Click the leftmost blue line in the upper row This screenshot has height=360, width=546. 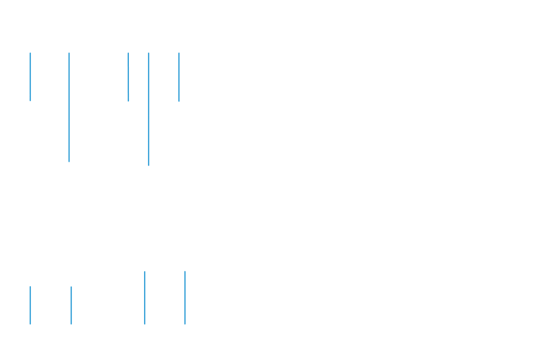click(x=30, y=75)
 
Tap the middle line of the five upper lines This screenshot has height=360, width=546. click(x=128, y=75)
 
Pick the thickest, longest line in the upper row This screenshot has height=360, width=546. click(x=148, y=109)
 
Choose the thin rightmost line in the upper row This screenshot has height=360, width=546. click(x=179, y=75)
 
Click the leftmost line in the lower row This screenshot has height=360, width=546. click(x=30, y=305)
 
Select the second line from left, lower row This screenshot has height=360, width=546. click(x=71, y=305)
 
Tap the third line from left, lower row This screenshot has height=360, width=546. click(x=145, y=298)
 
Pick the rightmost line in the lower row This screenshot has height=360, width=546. click(x=185, y=298)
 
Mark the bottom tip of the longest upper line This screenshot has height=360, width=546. click(x=148, y=165)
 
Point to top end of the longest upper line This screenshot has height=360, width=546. click(x=148, y=53)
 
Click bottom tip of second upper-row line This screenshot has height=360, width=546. click(x=69, y=162)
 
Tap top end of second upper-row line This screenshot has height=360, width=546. click(x=69, y=53)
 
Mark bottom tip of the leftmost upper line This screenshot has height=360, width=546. click(x=30, y=101)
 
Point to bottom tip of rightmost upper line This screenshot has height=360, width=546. click(x=179, y=101)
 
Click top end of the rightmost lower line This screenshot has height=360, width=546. click(x=185, y=272)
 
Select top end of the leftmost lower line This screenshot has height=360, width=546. click(x=30, y=287)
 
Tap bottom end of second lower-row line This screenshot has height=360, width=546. click(x=71, y=324)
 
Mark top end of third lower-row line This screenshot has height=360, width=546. click(x=145, y=272)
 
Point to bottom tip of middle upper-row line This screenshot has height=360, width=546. click(x=128, y=101)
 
